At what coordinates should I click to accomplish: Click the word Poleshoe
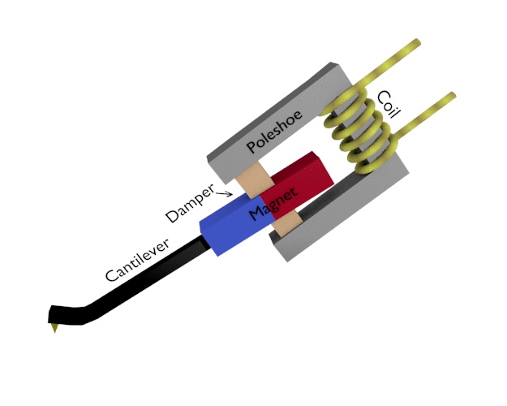[x=275, y=132]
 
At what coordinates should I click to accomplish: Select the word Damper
[x=190, y=204]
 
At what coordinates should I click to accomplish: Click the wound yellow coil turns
[x=357, y=134]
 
